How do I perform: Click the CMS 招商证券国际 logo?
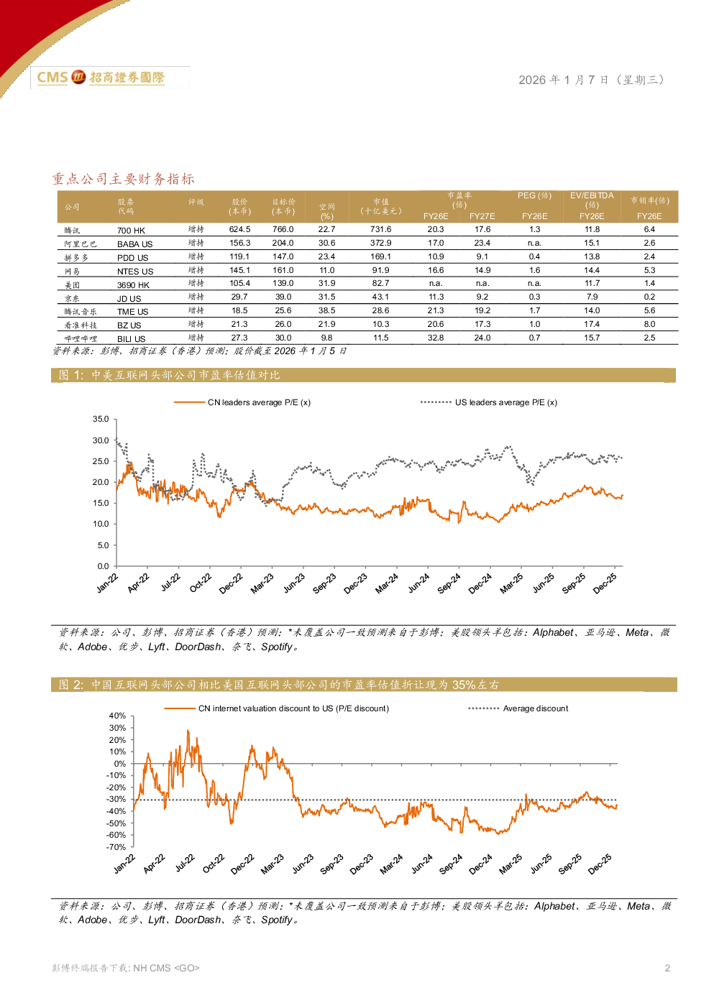click(x=109, y=78)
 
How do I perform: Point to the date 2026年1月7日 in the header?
click(x=591, y=80)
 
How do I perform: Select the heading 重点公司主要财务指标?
click(x=123, y=179)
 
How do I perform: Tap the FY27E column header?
click(x=482, y=216)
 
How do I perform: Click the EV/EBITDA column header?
click(x=592, y=195)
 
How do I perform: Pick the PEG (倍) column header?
click(x=534, y=195)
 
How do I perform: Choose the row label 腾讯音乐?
click(x=81, y=311)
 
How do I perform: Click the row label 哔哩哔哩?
click(x=81, y=338)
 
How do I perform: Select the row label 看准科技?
click(x=81, y=325)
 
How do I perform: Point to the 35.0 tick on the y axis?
click(x=101, y=419)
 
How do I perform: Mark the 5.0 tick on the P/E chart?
click(x=103, y=545)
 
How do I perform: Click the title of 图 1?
click(x=169, y=375)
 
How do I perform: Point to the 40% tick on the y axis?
click(x=117, y=716)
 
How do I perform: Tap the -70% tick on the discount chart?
click(x=116, y=847)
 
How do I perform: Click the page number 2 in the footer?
click(x=667, y=968)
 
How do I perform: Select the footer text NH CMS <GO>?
click(x=166, y=968)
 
